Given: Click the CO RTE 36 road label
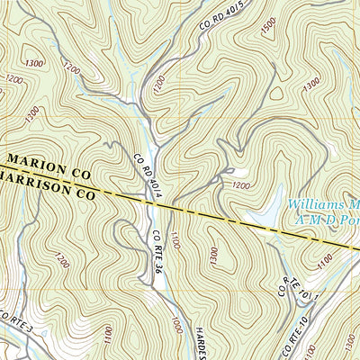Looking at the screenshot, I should coord(157,252).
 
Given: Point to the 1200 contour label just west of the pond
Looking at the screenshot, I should coord(240,185).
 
